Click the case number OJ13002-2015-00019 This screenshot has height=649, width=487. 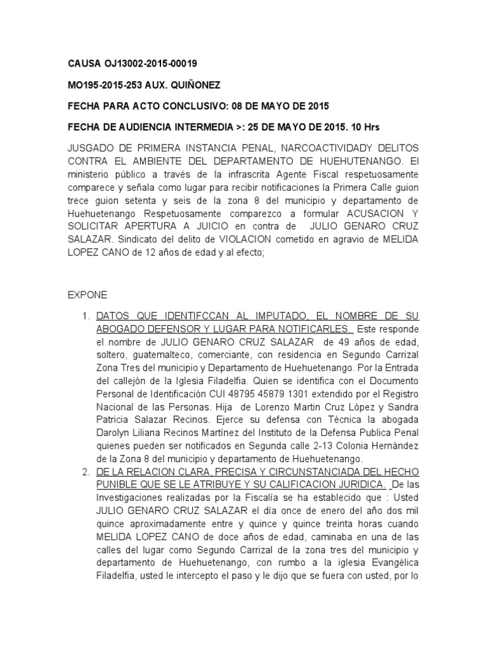coord(150,63)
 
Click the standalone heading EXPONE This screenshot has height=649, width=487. coord(87,295)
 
